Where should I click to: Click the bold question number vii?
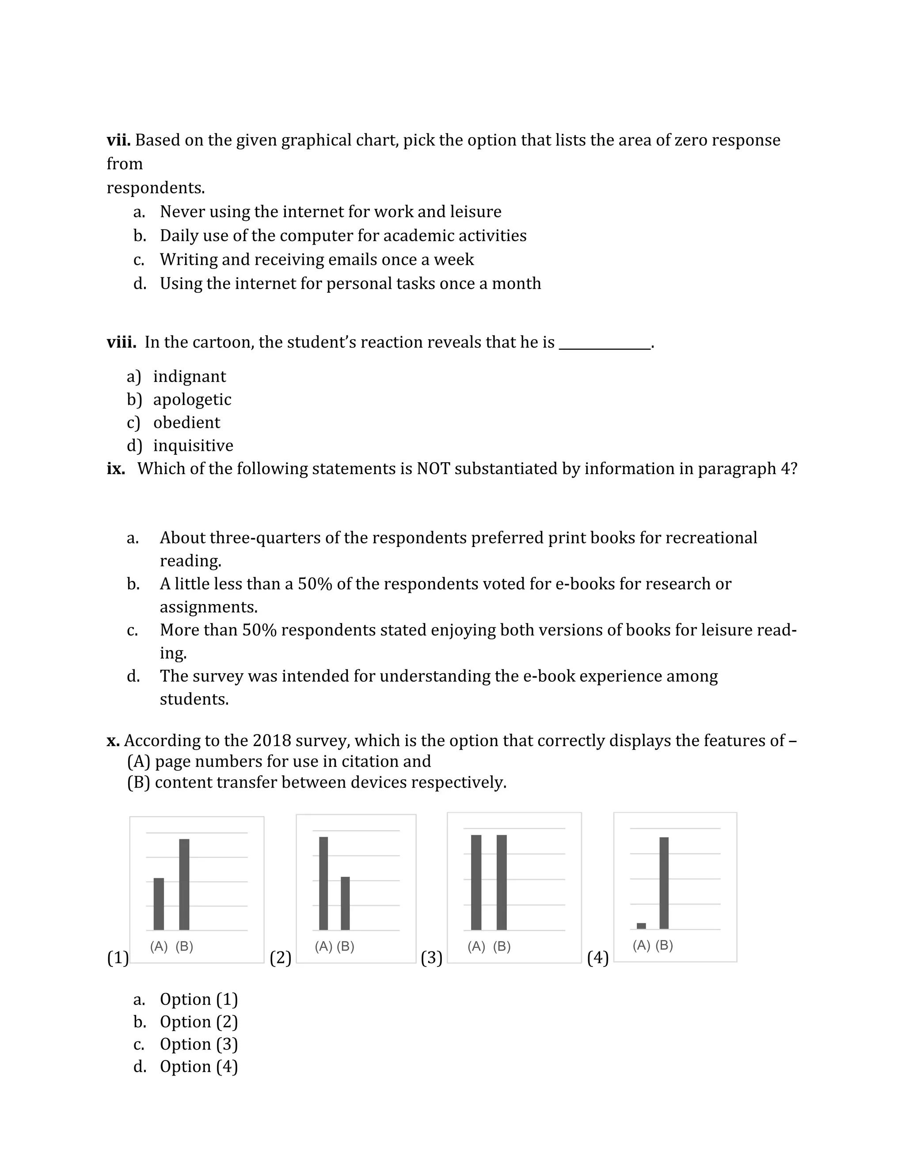coord(118,140)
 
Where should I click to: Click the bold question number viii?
coord(121,342)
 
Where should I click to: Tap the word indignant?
coord(189,377)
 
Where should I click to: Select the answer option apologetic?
coord(192,400)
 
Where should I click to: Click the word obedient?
coord(186,423)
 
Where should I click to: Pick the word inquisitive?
coord(193,446)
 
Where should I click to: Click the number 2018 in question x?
coord(272,741)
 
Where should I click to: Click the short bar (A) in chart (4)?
coord(641,926)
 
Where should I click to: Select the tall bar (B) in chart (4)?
coord(664,883)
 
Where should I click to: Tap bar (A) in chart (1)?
coord(159,904)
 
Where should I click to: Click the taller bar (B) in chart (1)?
coord(184,884)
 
